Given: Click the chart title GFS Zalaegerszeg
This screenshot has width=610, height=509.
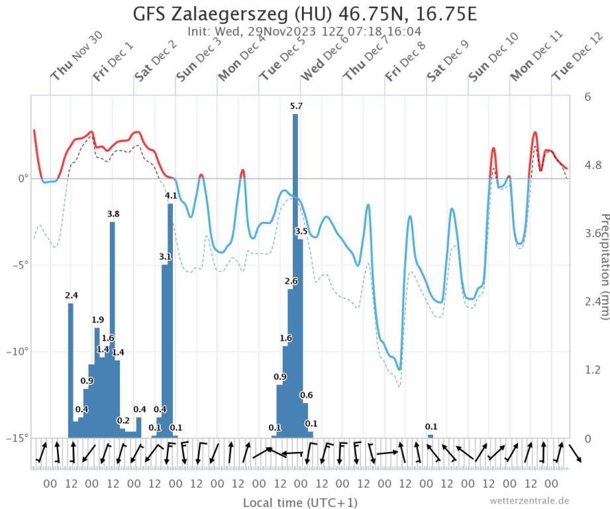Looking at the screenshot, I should (305, 14).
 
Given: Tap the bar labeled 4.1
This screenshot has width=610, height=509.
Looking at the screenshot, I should (170, 318).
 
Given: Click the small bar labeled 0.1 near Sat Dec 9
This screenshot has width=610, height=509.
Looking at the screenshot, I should (431, 435).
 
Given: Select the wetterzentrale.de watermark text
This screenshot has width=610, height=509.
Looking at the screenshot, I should (529, 500).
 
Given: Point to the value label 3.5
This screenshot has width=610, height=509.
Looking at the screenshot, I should (301, 231).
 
